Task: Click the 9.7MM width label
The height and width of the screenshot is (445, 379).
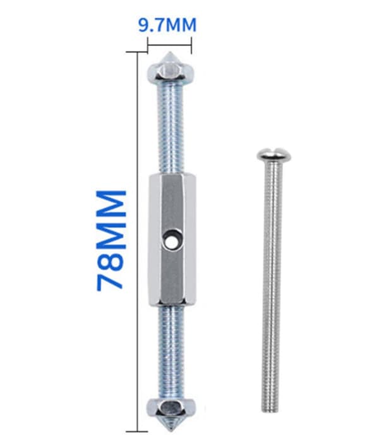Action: pos(167,25)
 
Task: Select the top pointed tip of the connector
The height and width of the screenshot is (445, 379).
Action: pos(170,53)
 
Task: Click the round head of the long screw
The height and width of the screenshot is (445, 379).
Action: pos(274,155)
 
